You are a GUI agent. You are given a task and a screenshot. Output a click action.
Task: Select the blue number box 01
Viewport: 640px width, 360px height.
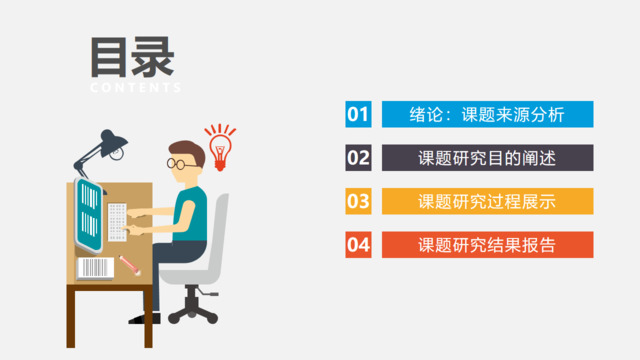tap(358, 114)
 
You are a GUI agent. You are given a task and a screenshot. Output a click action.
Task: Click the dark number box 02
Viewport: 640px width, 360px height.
tap(358, 157)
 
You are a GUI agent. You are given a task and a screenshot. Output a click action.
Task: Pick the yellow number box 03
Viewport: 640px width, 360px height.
tap(358, 200)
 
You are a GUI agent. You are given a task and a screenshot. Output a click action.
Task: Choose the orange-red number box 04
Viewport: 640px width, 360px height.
tap(358, 244)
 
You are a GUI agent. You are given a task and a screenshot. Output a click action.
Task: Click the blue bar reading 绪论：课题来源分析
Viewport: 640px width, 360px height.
tap(487, 114)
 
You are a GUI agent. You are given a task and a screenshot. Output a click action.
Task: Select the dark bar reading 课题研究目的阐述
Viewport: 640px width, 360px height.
tap(487, 157)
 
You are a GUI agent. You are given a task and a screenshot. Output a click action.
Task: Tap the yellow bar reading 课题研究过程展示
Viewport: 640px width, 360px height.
tap(487, 200)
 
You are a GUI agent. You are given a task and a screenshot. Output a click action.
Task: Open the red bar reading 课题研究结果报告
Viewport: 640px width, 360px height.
tap(487, 244)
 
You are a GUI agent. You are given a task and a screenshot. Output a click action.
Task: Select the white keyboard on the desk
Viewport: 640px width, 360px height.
tap(118, 221)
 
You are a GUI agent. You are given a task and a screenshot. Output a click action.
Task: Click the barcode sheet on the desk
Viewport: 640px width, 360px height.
tap(94, 267)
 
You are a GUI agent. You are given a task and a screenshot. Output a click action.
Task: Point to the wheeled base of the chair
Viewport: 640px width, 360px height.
tap(194, 311)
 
